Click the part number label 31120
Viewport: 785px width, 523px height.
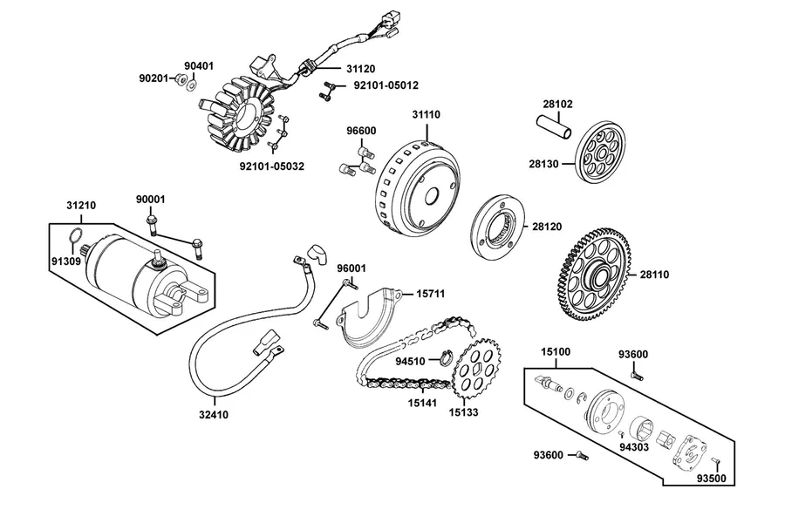click(360, 69)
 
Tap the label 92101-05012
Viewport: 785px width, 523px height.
click(386, 85)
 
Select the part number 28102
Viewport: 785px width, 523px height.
click(557, 104)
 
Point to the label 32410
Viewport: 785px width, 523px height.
click(214, 414)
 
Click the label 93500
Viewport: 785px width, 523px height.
click(712, 479)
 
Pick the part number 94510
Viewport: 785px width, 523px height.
click(410, 362)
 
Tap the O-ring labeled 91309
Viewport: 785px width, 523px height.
click(76, 234)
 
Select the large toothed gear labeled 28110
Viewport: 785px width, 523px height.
click(594, 275)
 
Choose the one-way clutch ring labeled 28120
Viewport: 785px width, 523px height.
click(498, 228)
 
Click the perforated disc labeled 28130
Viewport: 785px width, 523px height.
click(600, 152)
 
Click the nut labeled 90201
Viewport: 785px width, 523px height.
click(181, 79)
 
